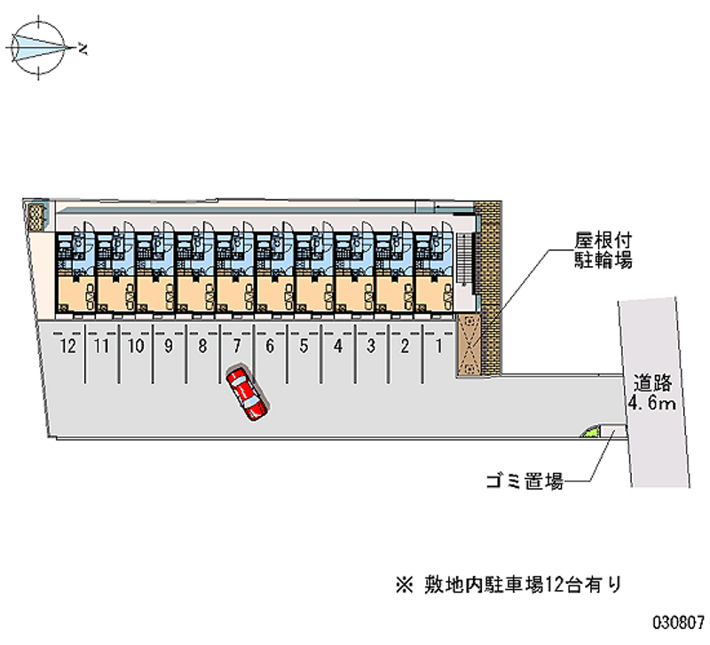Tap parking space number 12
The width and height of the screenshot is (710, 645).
point(66,347)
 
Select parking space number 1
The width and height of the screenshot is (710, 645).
point(438,347)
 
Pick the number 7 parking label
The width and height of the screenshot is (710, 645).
point(236,347)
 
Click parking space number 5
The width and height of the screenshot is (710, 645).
point(304,347)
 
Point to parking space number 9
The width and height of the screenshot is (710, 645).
point(169,347)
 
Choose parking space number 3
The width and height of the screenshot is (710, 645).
point(371,347)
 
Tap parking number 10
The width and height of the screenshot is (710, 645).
point(134,347)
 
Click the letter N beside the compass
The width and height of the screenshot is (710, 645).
point(83,48)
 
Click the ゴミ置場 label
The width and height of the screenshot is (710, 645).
point(524,483)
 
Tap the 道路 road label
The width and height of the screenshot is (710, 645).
point(655,384)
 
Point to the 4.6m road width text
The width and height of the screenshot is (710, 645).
point(652,405)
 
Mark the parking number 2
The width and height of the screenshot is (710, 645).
point(405,347)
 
